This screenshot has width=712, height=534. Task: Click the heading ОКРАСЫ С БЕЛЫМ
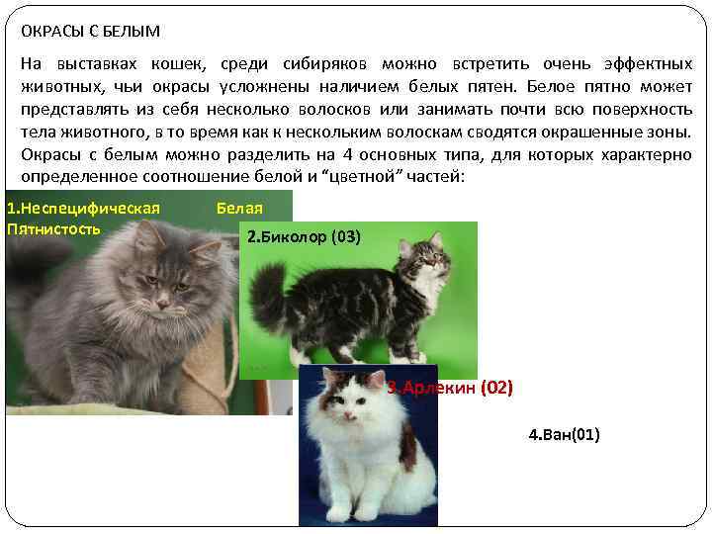coord(90,32)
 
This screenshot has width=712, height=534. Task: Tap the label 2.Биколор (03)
coord(304,237)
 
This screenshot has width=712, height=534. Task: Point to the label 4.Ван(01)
coord(564,434)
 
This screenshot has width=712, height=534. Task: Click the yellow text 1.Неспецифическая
coord(83,209)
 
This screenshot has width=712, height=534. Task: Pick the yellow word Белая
coord(239,209)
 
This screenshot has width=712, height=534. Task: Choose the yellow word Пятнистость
coord(53,229)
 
